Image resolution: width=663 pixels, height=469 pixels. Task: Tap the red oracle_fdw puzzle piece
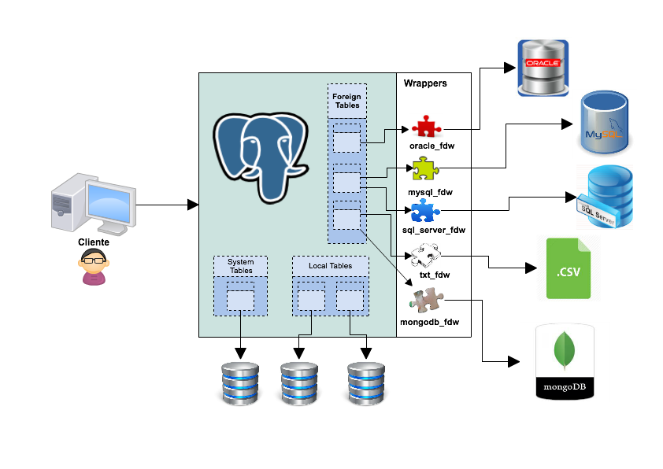pos(426,127)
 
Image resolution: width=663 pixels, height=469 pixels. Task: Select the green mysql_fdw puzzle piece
pos(423,168)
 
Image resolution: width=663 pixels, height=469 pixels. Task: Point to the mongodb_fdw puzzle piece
pos(428,300)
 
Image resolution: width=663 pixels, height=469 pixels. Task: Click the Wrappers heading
pos(425,83)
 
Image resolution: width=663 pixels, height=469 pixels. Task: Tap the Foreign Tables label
pos(346,101)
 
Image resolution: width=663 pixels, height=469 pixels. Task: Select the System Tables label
pos(240,266)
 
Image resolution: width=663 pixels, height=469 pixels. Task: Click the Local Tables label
pos(330,266)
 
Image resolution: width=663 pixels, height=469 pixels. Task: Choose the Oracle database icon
pos(543,67)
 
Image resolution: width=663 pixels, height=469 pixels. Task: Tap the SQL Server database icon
pos(604,197)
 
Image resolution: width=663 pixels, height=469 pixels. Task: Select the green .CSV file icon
pos(569,268)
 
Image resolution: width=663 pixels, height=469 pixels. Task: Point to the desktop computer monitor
pos(109,203)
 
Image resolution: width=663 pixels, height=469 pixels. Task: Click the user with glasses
pos(94,266)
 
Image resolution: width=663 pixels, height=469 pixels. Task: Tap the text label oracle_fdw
pos(432,146)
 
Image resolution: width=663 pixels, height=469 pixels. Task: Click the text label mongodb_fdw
pos(429,322)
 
